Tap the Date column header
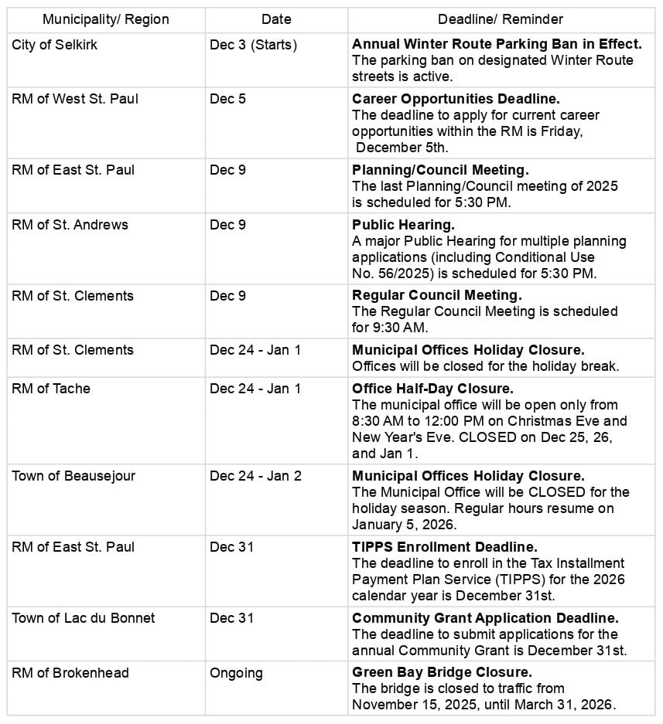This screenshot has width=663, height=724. (x=276, y=19)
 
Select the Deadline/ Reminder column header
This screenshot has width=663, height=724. (x=501, y=19)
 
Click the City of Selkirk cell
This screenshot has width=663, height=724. (x=55, y=45)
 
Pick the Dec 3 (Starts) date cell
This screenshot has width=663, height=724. (x=253, y=45)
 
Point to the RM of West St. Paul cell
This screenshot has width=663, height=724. (x=75, y=99)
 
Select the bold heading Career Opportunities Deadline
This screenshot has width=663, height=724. (x=456, y=99)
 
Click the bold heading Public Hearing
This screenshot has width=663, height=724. (x=403, y=225)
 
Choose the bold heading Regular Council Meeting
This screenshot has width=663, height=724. (x=437, y=295)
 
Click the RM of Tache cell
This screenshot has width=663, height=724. (x=51, y=389)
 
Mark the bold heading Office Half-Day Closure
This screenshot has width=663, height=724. (x=432, y=389)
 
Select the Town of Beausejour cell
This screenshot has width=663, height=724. (x=73, y=476)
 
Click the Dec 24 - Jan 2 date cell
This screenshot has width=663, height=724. (x=255, y=476)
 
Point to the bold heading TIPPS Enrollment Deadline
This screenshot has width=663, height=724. (x=445, y=547)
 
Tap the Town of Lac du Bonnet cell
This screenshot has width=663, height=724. (x=84, y=618)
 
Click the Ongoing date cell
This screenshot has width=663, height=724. (x=236, y=673)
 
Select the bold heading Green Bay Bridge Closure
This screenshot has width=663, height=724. (x=442, y=673)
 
